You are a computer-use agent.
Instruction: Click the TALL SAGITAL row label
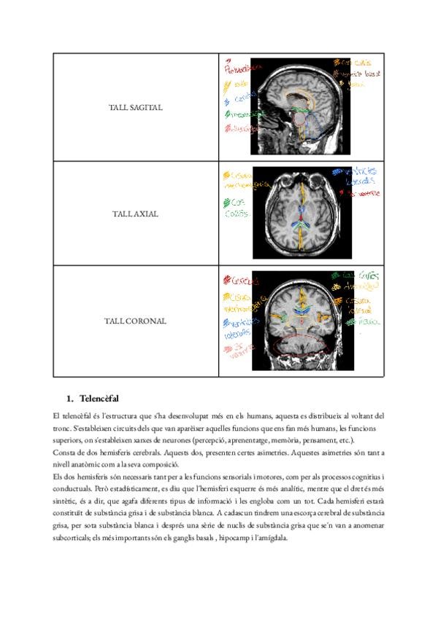coord(137,107)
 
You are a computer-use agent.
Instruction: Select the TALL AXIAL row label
coord(137,214)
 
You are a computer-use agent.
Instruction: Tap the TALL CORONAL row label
coord(136,321)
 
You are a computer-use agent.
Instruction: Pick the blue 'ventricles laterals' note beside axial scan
coord(354,176)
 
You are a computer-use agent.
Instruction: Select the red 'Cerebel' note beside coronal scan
coord(240,281)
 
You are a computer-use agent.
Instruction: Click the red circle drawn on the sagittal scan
coord(299,118)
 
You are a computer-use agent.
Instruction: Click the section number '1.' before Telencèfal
coord(70,399)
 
